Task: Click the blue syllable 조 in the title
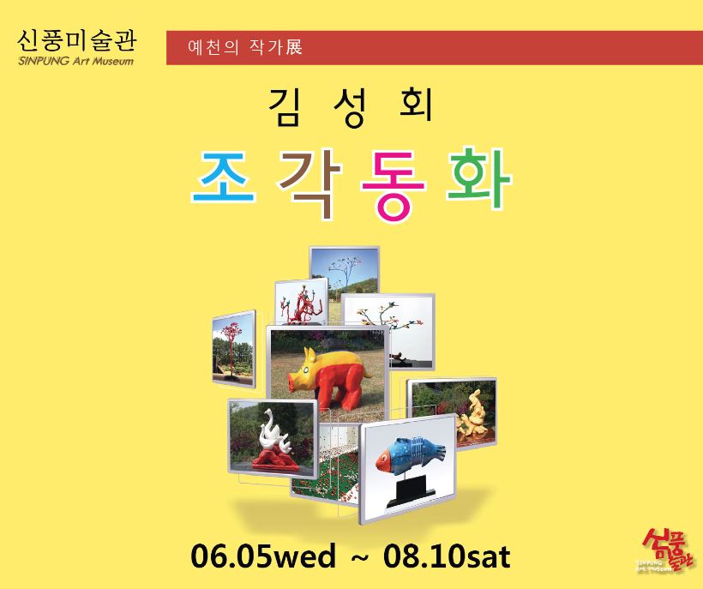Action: [x=224, y=177]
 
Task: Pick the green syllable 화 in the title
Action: [x=479, y=177]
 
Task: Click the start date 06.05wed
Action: [x=263, y=556]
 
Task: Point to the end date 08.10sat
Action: [x=447, y=556]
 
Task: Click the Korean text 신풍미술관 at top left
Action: [x=76, y=41]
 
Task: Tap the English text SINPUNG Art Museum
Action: [x=75, y=61]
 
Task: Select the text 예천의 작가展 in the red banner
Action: [x=245, y=47]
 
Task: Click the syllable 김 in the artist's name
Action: [x=284, y=106]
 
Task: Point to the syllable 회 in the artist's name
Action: [x=416, y=105]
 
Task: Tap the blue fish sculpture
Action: [x=411, y=454]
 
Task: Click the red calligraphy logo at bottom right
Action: [x=665, y=550]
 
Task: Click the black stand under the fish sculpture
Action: [x=411, y=492]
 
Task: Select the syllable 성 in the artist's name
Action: [x=351, y=107]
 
